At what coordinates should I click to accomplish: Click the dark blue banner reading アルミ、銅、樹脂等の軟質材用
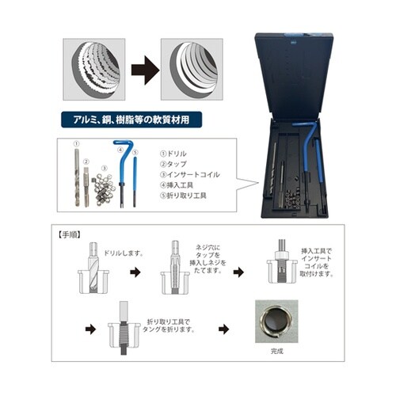128,122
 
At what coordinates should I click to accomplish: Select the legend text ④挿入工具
177,185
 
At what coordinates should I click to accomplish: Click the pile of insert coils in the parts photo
101,189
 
